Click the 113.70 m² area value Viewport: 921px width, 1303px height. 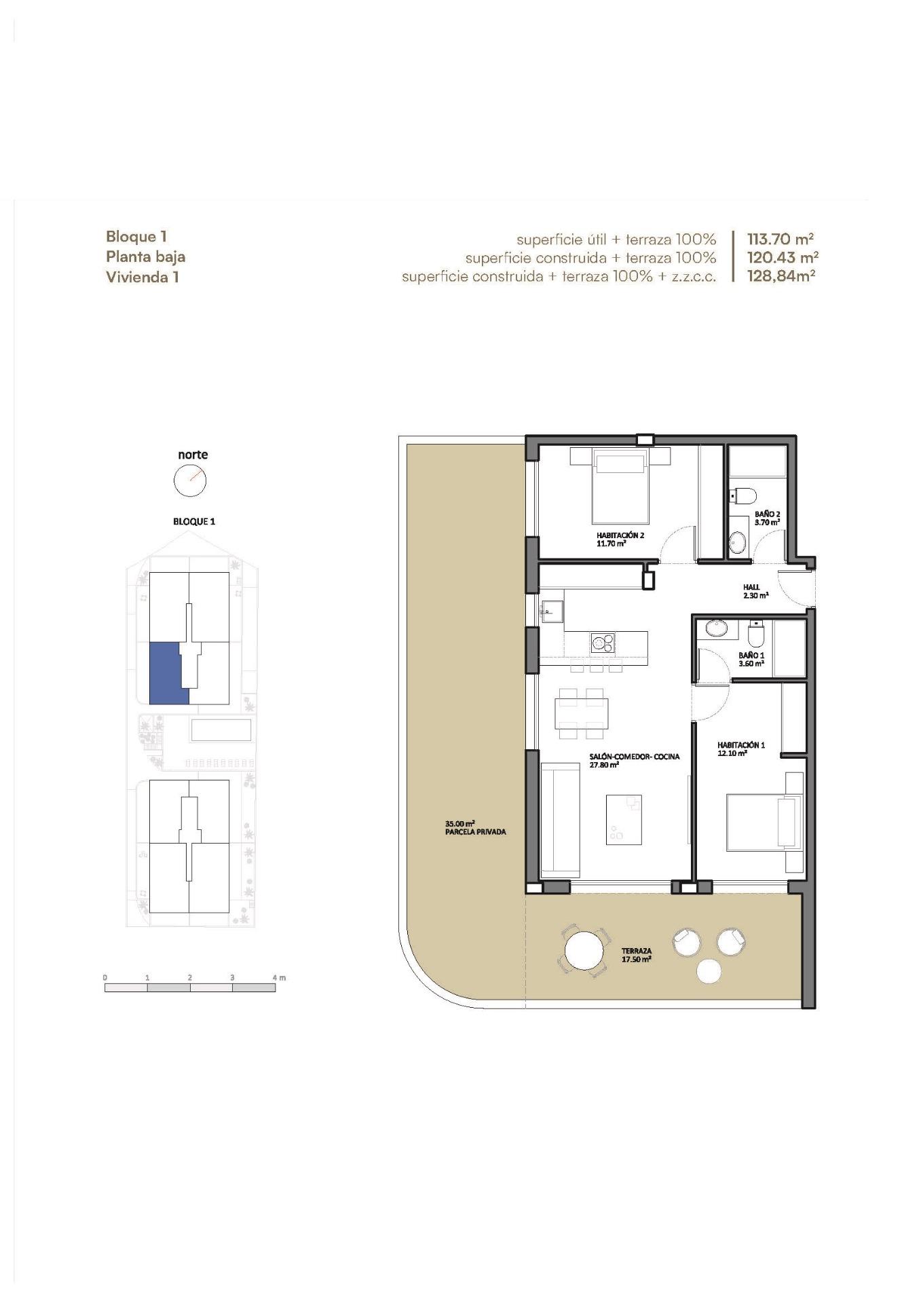click(x=780, y=239)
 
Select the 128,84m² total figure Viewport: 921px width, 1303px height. click(x=781, y=276)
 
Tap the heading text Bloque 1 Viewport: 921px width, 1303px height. click(x=136, y=236)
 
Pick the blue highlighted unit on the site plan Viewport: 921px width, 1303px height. click(x=166, y=673)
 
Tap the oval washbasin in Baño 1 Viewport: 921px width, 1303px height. click(x=717, y=628)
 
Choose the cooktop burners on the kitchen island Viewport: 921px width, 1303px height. click(x=602, y=641)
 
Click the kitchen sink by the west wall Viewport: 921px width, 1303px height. click(x=551, y=609)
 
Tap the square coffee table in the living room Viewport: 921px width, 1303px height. click(x=624, y=819)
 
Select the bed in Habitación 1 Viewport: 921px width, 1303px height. click(x=764, y=822)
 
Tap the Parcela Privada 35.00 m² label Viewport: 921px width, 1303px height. click(x=475, y=828)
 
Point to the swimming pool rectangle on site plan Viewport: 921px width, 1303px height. click(x=221, y=731)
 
